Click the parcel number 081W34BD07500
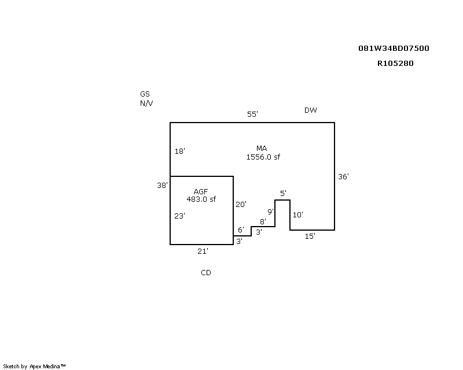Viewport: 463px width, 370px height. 394,49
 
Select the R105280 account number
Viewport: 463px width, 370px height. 395,64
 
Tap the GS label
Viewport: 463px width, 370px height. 145,94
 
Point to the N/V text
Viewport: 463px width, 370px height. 146,103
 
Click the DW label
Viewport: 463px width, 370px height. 311,110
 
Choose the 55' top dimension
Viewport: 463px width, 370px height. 252,114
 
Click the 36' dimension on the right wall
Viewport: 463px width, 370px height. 343,177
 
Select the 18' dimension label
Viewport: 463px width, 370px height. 180,151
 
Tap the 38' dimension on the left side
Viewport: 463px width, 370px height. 162,186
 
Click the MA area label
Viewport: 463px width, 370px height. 262,149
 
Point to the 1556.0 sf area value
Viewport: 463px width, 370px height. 263,157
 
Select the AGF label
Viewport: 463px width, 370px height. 201,192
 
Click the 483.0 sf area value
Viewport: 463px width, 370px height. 201,199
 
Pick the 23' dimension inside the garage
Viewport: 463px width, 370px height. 179,216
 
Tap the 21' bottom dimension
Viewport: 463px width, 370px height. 203,251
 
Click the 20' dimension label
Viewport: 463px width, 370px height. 241,205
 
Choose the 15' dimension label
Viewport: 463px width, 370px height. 310,236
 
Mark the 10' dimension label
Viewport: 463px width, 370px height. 298,215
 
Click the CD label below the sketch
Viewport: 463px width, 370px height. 206,273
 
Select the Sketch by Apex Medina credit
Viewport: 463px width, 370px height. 34,367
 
